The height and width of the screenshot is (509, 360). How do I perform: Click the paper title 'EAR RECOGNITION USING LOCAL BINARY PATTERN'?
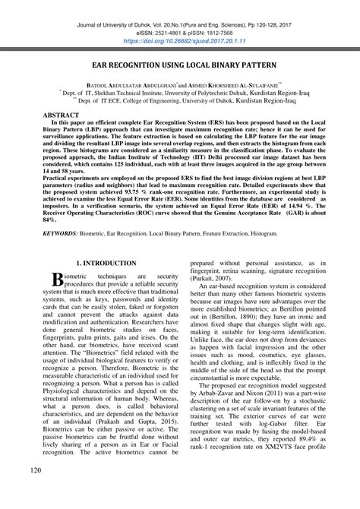click(x=180, y=68)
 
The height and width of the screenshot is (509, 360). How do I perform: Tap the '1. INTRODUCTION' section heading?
click(x=93, y=262)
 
